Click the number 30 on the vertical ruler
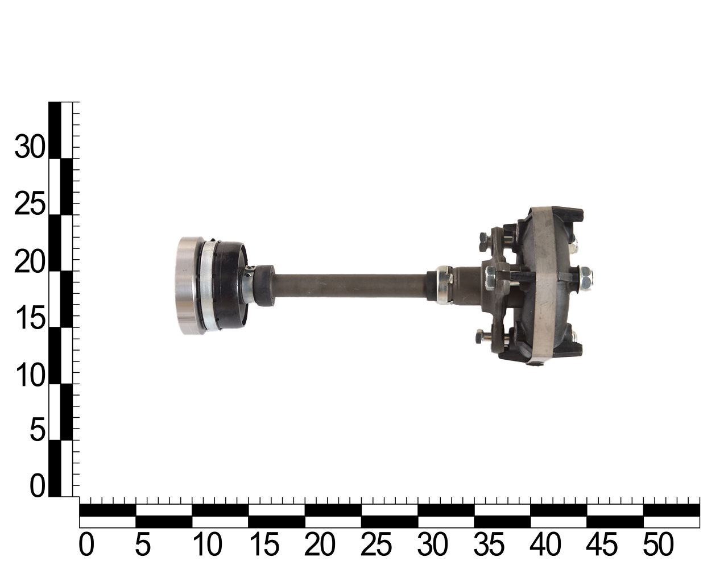30,147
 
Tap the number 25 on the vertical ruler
30,203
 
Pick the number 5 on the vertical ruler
38,430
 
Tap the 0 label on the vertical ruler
38,486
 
